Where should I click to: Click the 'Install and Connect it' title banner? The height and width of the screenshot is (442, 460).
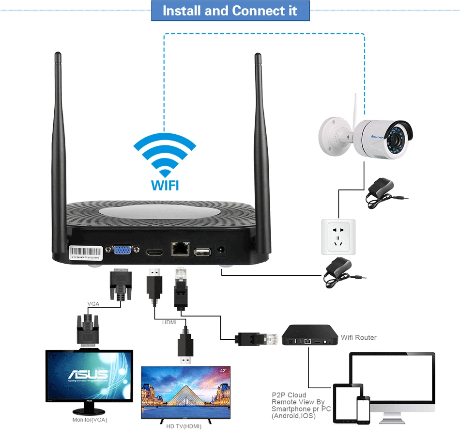pos(230,11)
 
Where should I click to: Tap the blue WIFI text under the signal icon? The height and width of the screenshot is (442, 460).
pos(165,185)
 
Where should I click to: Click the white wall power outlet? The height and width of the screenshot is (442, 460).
pos(338,236)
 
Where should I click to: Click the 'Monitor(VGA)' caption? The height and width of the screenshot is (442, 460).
pos(90,420)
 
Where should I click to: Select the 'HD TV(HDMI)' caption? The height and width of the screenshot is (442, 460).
pos(184,426)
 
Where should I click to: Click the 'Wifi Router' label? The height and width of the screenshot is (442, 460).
pos(358,337)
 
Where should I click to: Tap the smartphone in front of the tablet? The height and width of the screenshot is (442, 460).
pos(363,410)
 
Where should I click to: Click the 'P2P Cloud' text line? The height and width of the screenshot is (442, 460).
pos(289,395)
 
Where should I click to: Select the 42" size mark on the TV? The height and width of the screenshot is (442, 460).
pos(223,371)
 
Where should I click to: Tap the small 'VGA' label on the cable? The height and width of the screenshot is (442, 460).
pos(93,304)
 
